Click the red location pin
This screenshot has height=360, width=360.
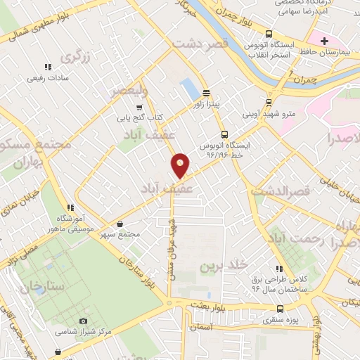pyautogui.click(x=180, y=165)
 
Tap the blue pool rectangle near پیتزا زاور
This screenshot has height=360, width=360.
pyautogui.click(x=189, y=89)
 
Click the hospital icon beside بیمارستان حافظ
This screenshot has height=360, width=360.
pyautogui.click(x=324, y=41)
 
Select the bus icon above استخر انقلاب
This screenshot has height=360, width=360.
pyautogui.click(x=269, y=34)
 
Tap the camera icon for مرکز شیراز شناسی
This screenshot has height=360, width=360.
pyautogui.click(x=84, y=321)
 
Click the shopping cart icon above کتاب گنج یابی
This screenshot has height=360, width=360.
pyautogui.click(x=139, y=107)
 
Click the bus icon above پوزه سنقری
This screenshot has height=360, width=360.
pyautogui.click(x=281, y=309)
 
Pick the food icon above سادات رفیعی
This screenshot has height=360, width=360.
pyautogui.click(x=48, y=67)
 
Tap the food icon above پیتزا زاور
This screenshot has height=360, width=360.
pyautogui.click(x=206, y=93)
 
